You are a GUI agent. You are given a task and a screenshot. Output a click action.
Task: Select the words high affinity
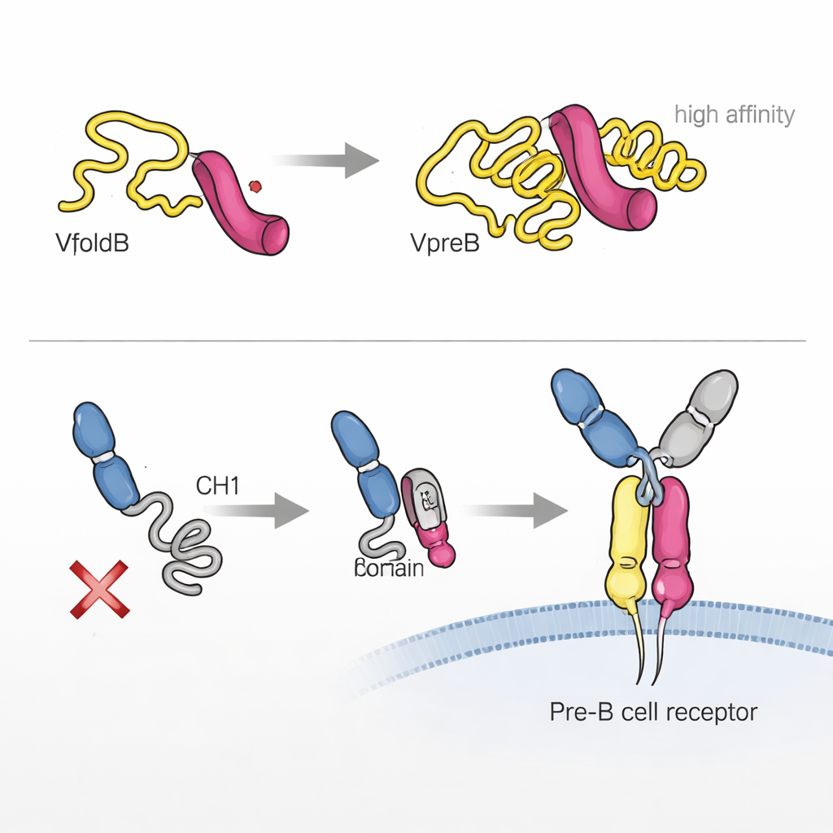(x=734, y=115)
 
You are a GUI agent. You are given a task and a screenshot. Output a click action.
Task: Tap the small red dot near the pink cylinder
(x=257, y=186)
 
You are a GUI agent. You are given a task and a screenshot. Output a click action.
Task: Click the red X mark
(x=100, y=588)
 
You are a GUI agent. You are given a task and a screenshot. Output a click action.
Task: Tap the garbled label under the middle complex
(x=389, y=568)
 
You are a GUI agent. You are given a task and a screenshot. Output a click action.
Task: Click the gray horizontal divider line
(x=416, y=341)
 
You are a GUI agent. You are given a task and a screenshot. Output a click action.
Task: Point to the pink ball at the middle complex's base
(x=443, y=555)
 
